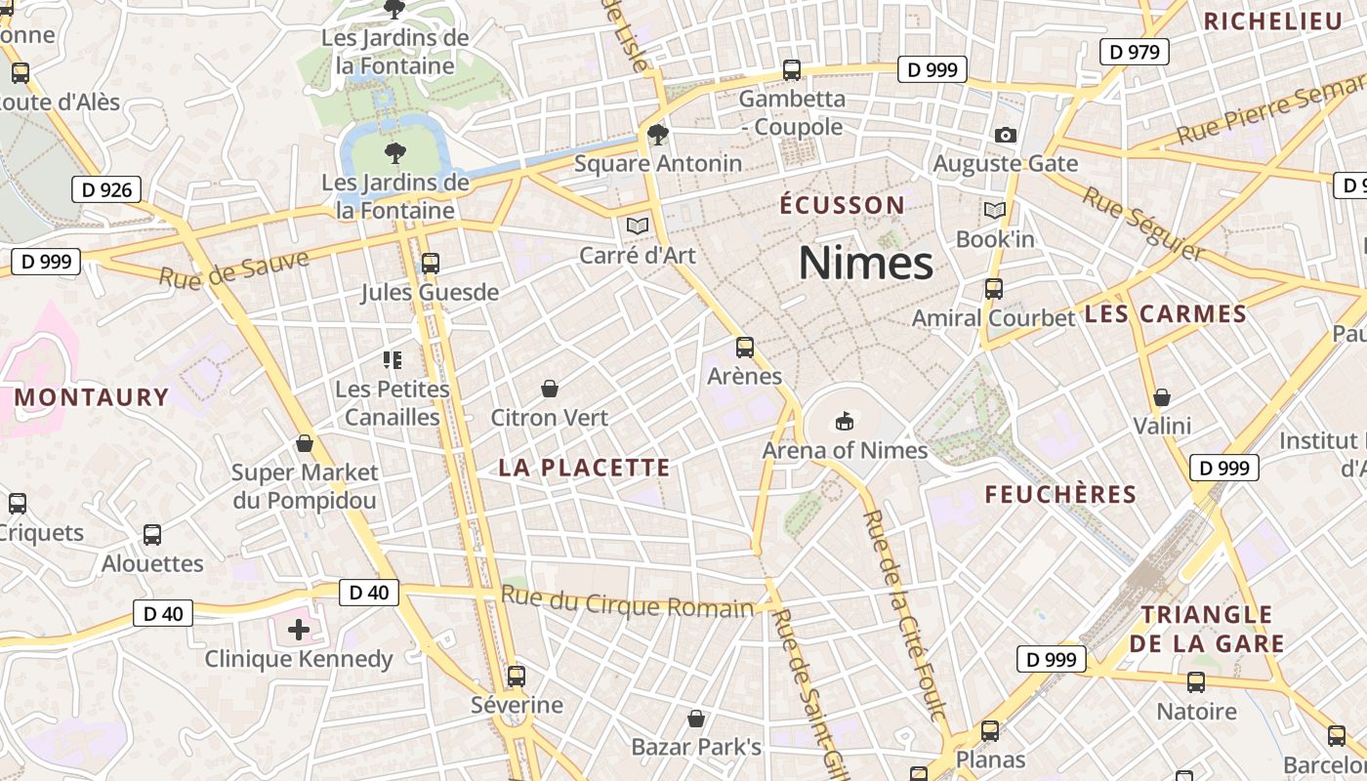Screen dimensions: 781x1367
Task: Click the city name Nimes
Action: (865, 264)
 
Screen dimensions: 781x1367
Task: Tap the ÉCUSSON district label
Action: (842, 205)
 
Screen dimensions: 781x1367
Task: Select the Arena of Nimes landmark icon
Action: (845, 422)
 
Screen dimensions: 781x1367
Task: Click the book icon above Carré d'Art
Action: (638, 226)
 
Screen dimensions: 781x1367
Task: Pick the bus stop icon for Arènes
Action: (745, 348)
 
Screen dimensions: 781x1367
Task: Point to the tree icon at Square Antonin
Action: (658, 135)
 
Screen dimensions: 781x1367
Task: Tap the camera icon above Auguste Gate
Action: (1005, 135)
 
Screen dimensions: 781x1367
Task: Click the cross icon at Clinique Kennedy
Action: (299, 630)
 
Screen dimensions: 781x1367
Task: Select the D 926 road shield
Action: (106, 189)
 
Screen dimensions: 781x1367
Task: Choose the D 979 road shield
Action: (1135, 51)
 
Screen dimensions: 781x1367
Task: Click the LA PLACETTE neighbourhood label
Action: (584, 468)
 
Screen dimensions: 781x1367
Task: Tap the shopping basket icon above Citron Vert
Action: (550, 389)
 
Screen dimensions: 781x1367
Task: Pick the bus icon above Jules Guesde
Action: (430, 264)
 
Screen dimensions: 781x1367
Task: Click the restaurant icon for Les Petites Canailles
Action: (393, 360)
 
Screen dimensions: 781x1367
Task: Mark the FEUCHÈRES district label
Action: (1060, 494)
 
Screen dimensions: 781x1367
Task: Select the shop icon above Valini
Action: (1162, 397)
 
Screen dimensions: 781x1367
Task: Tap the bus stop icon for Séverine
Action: (517, 676)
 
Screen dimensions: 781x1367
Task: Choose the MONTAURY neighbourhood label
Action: (92, 397)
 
